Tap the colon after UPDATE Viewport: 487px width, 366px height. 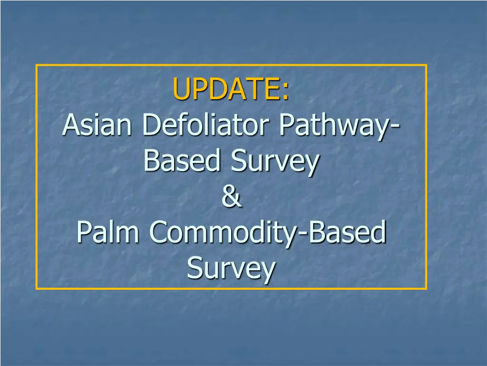(286, 92)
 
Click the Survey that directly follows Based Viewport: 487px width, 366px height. (275, 162)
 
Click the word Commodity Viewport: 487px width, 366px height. (224, 234)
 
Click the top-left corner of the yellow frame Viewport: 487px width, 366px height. (36, 65)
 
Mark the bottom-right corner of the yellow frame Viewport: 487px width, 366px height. (427, 289)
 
